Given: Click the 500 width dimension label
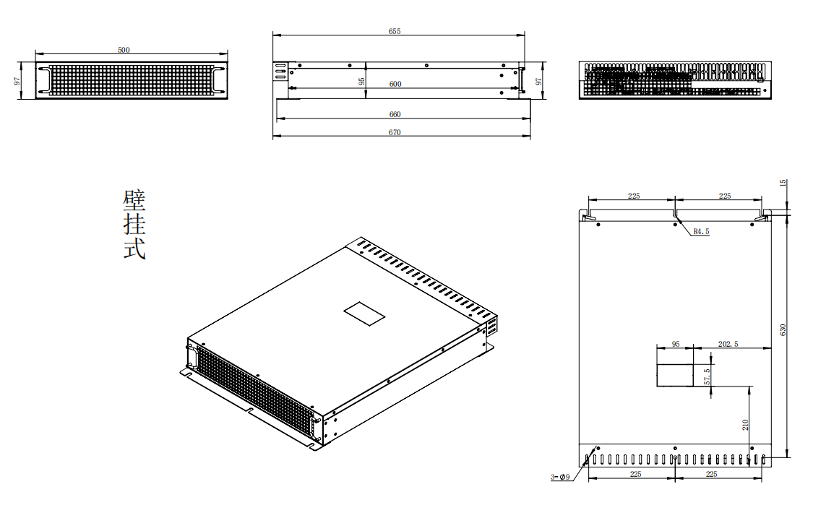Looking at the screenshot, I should [124, 50].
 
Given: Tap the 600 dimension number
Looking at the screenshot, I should [395, 84].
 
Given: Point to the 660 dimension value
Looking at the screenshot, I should [395, 114].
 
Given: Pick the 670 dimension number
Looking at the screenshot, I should [395, 132].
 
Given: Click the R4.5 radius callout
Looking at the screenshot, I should [701, 232].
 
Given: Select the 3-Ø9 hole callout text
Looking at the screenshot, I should [561, 477].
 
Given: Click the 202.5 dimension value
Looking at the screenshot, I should [728, 344].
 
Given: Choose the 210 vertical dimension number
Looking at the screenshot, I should [745, 424].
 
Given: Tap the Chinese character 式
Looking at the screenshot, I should [134, 249].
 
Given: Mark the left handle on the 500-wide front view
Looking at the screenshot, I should [45, 79].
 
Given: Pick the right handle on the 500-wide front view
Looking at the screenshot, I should [218, 79].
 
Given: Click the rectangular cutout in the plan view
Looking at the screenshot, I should [674, 375].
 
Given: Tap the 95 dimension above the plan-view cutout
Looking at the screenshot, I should [676, 344].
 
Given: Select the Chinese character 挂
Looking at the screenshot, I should [134, 225].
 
